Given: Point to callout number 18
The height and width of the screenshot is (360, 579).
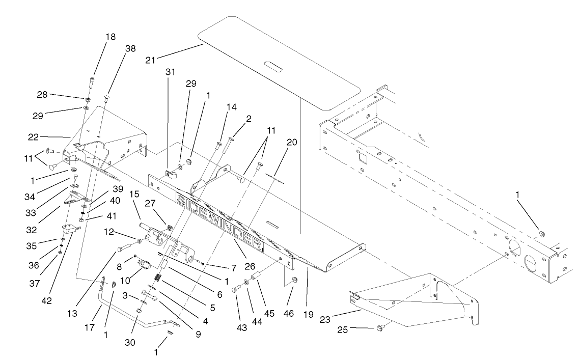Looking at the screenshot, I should click(111, 37).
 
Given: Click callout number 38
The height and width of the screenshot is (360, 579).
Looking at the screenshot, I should click(130, 49).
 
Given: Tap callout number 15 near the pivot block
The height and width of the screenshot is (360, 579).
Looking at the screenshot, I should click(134, 194).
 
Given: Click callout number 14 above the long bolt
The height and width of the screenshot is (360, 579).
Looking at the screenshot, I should click(232, 107).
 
